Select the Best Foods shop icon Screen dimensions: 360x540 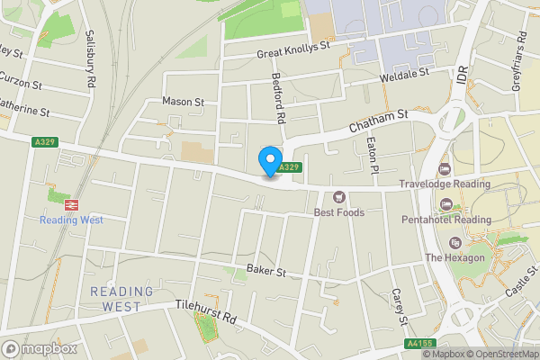(339, 197)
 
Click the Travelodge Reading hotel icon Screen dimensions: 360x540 (443, 169)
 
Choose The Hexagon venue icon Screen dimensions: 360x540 (454, 243)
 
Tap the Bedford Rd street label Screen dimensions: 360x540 (279, 98)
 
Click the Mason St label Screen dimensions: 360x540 (184, 102)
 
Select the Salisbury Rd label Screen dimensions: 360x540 (90, 58)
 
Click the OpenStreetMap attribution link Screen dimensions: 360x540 (500, 354)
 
